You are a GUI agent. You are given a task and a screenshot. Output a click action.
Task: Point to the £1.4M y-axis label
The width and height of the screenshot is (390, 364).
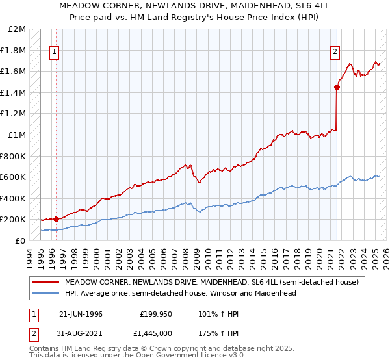click(x=14, y=92)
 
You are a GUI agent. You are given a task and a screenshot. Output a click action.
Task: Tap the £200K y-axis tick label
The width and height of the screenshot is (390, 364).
click(x=14, y=220)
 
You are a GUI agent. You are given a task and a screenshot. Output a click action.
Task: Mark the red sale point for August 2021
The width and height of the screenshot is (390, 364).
click(x=337, y=87)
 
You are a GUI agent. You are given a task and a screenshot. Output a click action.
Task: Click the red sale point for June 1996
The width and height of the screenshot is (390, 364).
click(x=56, y=219)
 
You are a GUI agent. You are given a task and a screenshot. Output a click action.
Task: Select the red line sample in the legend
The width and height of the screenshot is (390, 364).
click(x=45, y=282)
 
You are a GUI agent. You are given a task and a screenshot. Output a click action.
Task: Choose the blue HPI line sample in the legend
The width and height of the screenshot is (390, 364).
click(x=45, y=293)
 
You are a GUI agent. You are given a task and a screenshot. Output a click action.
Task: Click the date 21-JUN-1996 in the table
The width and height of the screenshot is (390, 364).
click(x=81, y=314)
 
